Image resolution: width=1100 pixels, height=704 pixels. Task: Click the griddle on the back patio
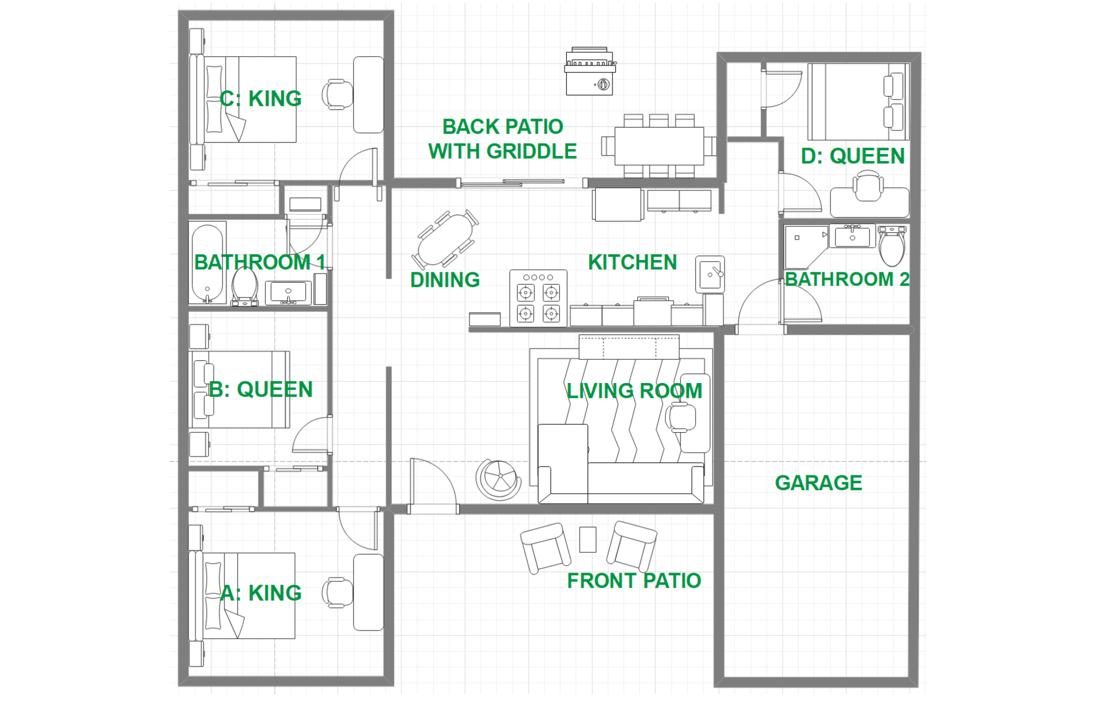point(590,71)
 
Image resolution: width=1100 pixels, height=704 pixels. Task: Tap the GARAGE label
point(818,483)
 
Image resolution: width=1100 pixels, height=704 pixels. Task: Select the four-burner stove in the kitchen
point(538,298)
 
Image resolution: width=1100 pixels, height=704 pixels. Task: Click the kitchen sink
point(710,274)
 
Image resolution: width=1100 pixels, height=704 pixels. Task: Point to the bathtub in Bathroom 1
point(207,262)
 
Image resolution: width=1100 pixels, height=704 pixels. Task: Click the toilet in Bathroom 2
point(892,245)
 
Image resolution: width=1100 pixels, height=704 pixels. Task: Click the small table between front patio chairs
point(588,539)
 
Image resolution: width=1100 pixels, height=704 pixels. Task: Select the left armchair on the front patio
point(545,548)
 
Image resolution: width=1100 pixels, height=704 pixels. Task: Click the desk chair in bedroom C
point(338,94)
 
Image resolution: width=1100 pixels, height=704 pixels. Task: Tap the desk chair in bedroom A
point(338,592)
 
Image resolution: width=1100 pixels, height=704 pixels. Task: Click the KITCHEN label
point(632,262)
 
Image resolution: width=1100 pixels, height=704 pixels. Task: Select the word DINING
point(445,280)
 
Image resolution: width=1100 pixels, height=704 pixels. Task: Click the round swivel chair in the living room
point(498,479)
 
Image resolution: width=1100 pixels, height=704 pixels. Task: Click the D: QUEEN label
point(852,156)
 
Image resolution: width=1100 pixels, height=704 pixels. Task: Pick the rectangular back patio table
point(659,145)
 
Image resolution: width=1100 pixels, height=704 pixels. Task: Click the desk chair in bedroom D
point(868,185)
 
